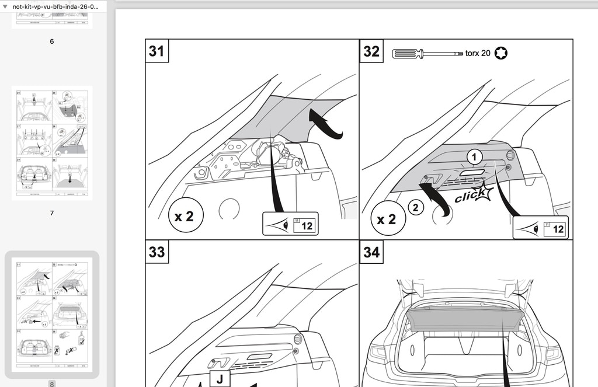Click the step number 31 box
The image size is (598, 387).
[157, 51]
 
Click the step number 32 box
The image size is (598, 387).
[371, 51]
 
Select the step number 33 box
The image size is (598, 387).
[157, 252]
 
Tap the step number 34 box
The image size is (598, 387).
[371, 252]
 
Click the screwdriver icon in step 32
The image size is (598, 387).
[427, 54]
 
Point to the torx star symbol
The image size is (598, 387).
[500, 54]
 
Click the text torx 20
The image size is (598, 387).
[477, 54]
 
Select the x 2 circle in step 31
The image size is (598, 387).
[184, 217]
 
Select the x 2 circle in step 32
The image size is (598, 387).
[386, 219]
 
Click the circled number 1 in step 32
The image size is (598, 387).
[475, 157]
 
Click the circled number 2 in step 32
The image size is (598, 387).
[415, 207]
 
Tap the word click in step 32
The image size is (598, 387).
[471, 197]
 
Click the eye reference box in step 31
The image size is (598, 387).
[290, 224]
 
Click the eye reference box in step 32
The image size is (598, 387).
[540, 228]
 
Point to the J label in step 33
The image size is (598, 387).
[220, 379]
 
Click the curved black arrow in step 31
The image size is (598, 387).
[325, 123]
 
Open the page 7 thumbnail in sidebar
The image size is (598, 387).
[52, 143]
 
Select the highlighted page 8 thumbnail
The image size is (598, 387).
[52, 314]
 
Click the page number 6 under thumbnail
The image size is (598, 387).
[52, 41]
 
